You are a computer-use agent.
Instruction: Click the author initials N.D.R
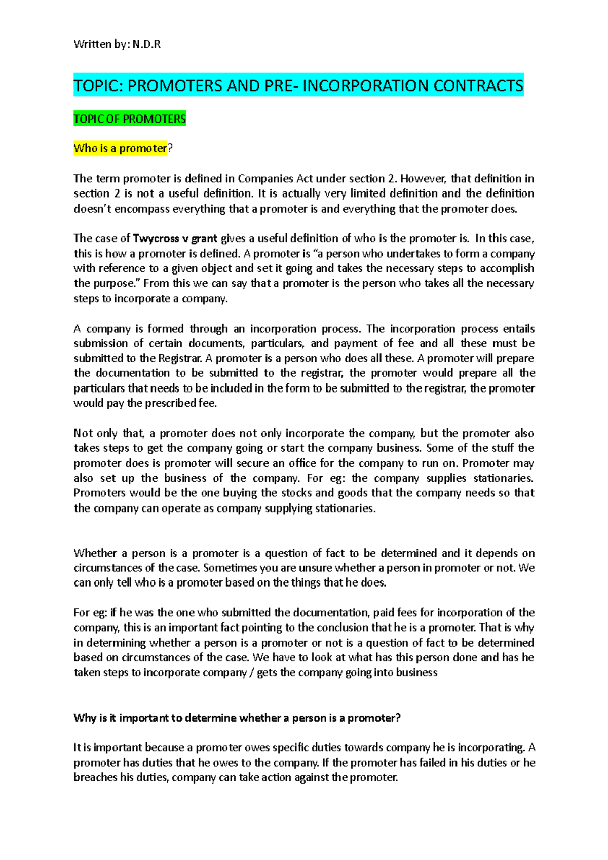146,44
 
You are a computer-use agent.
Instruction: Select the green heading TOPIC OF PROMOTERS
130,119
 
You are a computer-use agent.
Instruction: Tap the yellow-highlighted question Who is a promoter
120,148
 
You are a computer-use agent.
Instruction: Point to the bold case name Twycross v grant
175,239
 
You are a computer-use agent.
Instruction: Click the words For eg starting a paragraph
90,613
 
